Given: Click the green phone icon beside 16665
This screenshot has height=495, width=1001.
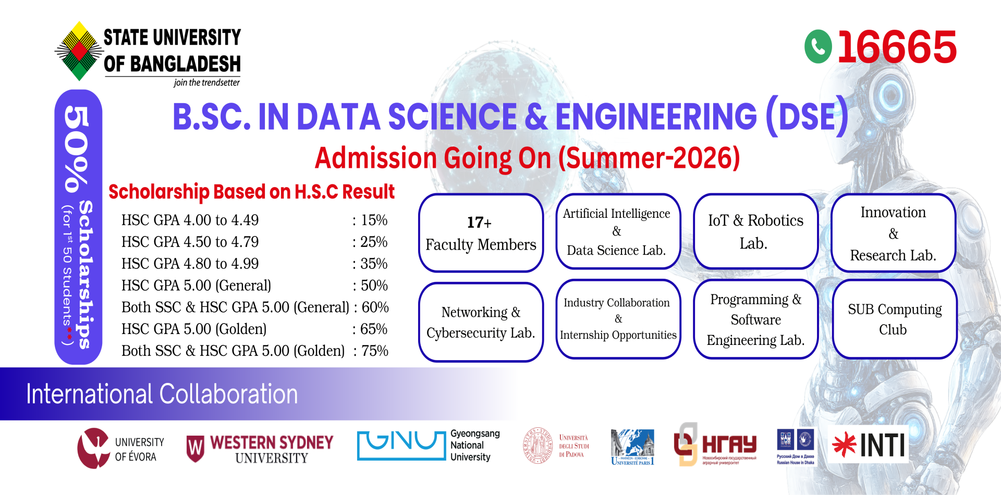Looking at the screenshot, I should pyautogui.click(x=818, y=47).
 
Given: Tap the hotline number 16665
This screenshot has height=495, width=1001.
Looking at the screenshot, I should pyautogui.click(x=897, y=47).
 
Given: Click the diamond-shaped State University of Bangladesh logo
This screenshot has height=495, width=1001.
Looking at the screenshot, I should pyautogui.click(x=79, y=51).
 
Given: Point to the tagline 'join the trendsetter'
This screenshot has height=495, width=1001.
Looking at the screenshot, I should pyautogui.click(x=206, y=83).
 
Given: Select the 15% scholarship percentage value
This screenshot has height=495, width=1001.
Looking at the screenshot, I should pyautogui.click(x=374, y=220).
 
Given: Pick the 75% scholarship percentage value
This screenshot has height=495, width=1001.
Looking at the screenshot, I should pyautogui.click(x=374, y=351).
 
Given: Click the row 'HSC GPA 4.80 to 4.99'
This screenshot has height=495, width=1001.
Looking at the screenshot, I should pyautogui.click(x=190, y=264).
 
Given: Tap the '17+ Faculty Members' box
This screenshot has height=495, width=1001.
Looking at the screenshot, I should pyautogui.click(x=481, y=233).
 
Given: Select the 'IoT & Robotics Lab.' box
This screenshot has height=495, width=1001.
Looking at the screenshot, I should pyautogui.click(x=755, y=231).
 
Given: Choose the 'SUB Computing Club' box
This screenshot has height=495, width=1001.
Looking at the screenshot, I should pyautogui.click(x=894, y=319).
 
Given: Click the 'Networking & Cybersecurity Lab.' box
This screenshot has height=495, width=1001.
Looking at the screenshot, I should pyautogui.click(x=481, y=322).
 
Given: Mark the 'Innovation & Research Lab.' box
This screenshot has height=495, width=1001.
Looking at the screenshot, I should pyautogui.click(x=893, y=233).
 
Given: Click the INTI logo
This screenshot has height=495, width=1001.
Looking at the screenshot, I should pyautogui.click(x=869, y=445).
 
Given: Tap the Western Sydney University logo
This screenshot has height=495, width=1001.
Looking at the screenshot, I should pyautogui.click(x=260, y=449).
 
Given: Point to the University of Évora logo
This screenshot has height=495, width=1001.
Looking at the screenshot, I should pyautogui.click(x=121, y=448).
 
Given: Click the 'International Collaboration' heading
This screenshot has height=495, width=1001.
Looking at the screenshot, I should pyautogui.click(x=162, y=394).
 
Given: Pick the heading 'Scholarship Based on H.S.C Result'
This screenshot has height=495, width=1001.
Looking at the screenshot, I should pyautogui.click(x=251, y=192).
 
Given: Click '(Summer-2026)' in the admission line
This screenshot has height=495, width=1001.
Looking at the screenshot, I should pyautogui.click(x=649, y=158).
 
